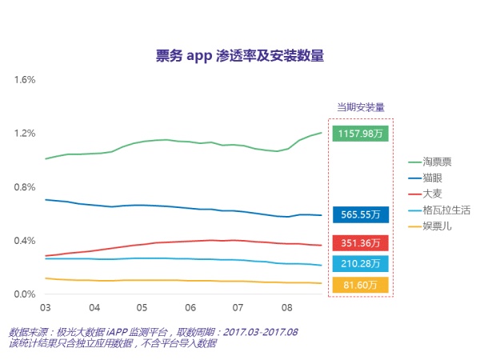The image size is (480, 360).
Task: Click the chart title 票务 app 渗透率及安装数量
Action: click(239, 56)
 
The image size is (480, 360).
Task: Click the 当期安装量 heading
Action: click(360, 106)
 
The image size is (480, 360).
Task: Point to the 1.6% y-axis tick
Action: click(26, 80)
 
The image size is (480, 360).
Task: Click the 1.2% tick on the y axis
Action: click(26, 134)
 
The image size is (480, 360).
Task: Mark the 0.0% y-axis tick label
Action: click(26, 294)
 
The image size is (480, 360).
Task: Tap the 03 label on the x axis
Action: click(46, 308)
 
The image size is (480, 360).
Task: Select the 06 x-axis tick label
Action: click(190, 308)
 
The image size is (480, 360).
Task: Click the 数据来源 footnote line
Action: click(153, 332)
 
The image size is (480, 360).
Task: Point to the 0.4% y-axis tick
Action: click(26, 241)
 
